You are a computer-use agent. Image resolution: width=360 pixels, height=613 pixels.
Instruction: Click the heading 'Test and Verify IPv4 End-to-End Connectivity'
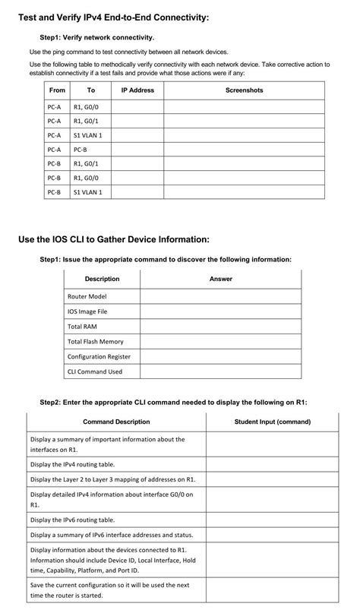pos(113,17)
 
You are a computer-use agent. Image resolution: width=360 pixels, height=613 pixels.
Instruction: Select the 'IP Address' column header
pos(137,90)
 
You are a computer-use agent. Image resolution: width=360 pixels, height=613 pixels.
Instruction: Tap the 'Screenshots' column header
pos(244,90)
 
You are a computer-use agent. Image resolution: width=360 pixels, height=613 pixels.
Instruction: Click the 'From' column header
pos(57,90)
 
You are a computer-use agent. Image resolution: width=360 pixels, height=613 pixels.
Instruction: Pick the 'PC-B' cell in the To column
pos(81,150)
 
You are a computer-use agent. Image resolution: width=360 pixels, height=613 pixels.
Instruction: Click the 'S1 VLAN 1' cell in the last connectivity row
pos(87,193)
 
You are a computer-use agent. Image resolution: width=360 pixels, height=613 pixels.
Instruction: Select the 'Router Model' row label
pos(87,296)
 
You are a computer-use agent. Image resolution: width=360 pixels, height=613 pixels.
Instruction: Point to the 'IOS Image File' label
pos(87,311)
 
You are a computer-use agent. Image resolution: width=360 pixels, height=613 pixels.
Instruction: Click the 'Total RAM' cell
pos(82,327)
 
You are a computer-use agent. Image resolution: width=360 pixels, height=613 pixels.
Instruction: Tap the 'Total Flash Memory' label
pos(95,342)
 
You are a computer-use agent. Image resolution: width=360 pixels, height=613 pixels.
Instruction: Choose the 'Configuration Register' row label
pos(99,357)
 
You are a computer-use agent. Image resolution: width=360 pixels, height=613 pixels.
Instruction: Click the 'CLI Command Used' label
pos(94,371)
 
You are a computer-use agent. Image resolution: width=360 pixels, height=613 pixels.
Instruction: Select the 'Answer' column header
pos(220,279)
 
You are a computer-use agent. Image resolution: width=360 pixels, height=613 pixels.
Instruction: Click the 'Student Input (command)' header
pos(272,422)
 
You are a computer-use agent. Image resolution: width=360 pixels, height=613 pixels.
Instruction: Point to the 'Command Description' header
pos(116,422)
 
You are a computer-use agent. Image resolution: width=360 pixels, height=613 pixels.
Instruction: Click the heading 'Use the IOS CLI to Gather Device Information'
pos(113,240)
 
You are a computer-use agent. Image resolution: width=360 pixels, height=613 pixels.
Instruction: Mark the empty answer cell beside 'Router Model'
pos(220,296)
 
